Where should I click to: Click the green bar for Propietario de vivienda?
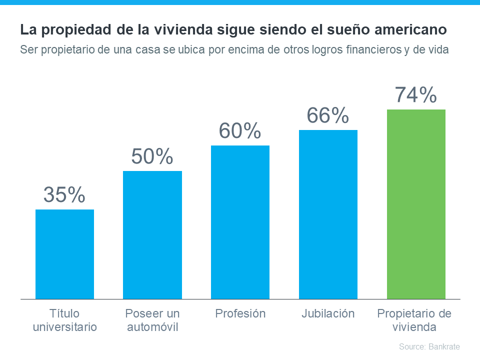pos(416,204)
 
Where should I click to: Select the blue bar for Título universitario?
pos(64,254)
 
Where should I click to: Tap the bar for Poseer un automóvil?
pos(152,235)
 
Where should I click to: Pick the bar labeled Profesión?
pos(240,222)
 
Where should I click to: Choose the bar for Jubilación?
pos(328,214)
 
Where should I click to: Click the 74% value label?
pos(416,95)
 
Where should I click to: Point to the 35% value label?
pos(64,195)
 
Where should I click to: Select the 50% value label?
pos(152,156)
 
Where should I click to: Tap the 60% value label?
pos(240,131)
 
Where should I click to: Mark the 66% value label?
pos(328,115)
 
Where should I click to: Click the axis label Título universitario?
pos(64,320)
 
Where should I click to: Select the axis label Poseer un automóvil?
pos(152,320)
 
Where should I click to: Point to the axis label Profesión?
pos(240,314)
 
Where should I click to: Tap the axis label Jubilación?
pos(328,314)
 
